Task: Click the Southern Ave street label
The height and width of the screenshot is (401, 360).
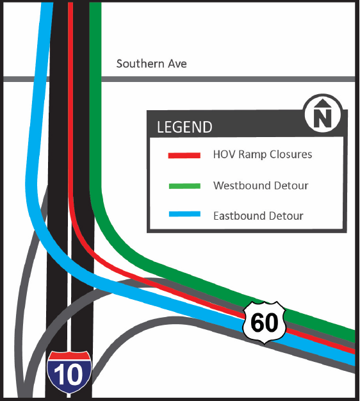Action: [151, 64]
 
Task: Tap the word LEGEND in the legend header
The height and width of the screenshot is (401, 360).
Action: [184, 127]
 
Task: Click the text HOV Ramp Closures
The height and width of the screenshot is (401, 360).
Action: [262, 155]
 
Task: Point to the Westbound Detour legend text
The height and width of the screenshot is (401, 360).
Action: [261, 186]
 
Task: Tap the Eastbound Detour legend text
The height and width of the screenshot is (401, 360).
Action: [258, 216]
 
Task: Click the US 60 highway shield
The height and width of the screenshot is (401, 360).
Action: [264, 322]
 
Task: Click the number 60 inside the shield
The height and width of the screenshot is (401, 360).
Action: [264, 323]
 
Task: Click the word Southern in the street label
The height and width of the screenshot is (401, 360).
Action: [139, 64]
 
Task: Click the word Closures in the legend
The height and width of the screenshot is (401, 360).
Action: [293, 155]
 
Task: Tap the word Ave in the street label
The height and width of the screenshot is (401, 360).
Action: [177, 64]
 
